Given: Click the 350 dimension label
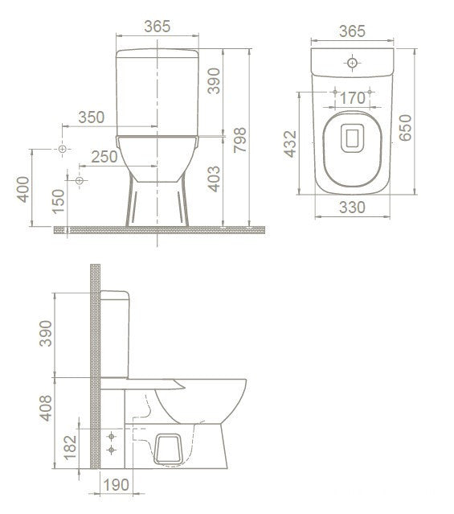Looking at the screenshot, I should (x=92, y=117).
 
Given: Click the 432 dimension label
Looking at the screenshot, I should (x=291, y=142).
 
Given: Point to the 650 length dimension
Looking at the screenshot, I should (x=406, y=127).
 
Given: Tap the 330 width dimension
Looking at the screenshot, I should (x=352, y=207).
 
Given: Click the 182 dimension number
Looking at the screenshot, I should (x=72, y=442).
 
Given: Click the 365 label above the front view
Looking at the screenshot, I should (x=157, y=26).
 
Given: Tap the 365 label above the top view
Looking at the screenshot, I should (x=352, y=31).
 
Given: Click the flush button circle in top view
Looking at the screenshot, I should (x=352, y=61).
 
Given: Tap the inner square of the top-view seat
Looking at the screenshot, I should (x=352, y=138).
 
